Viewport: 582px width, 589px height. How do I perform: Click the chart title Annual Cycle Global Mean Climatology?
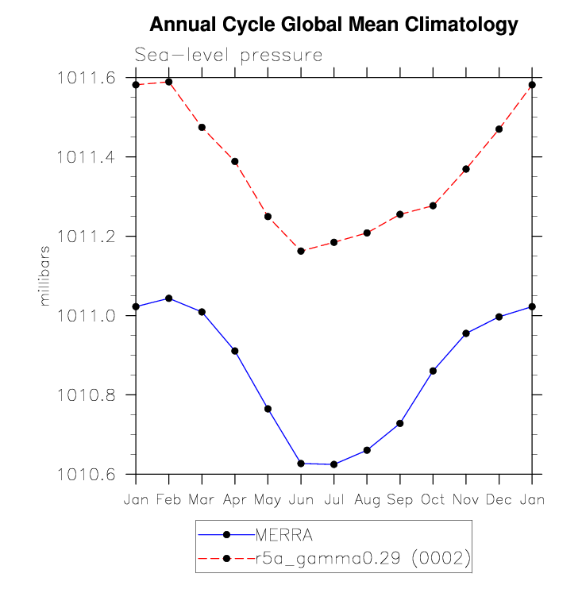point(333,25)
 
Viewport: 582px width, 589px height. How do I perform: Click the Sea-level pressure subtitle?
point(229,56)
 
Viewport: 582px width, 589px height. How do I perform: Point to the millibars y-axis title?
point(44,276)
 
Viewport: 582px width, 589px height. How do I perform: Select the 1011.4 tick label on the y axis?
point(86,157)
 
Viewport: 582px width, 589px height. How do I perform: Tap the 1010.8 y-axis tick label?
point(86,395)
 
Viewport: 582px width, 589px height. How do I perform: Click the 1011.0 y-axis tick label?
point(86,316)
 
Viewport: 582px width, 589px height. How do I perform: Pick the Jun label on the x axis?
point(301,500)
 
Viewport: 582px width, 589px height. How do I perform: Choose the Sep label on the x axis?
point(399,500)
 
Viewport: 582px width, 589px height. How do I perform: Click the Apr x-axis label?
point(235,500)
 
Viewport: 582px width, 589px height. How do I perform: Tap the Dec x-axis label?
point(499,500)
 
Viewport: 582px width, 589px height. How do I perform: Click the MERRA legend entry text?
point(283,535)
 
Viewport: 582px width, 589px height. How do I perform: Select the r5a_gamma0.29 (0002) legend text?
point(363,558)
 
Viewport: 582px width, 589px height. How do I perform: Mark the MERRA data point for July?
point(333,464)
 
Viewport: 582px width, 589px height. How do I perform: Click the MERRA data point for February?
point(168,298)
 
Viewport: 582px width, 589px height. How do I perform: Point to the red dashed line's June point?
point(301,251)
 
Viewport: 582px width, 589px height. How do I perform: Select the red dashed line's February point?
point(168,82)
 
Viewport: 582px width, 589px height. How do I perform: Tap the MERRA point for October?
point(433,371)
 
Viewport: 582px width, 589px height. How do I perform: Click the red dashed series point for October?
point(433,206)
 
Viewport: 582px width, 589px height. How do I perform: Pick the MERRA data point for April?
point(235,351)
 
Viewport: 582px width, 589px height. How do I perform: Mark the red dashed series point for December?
point(499,129)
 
